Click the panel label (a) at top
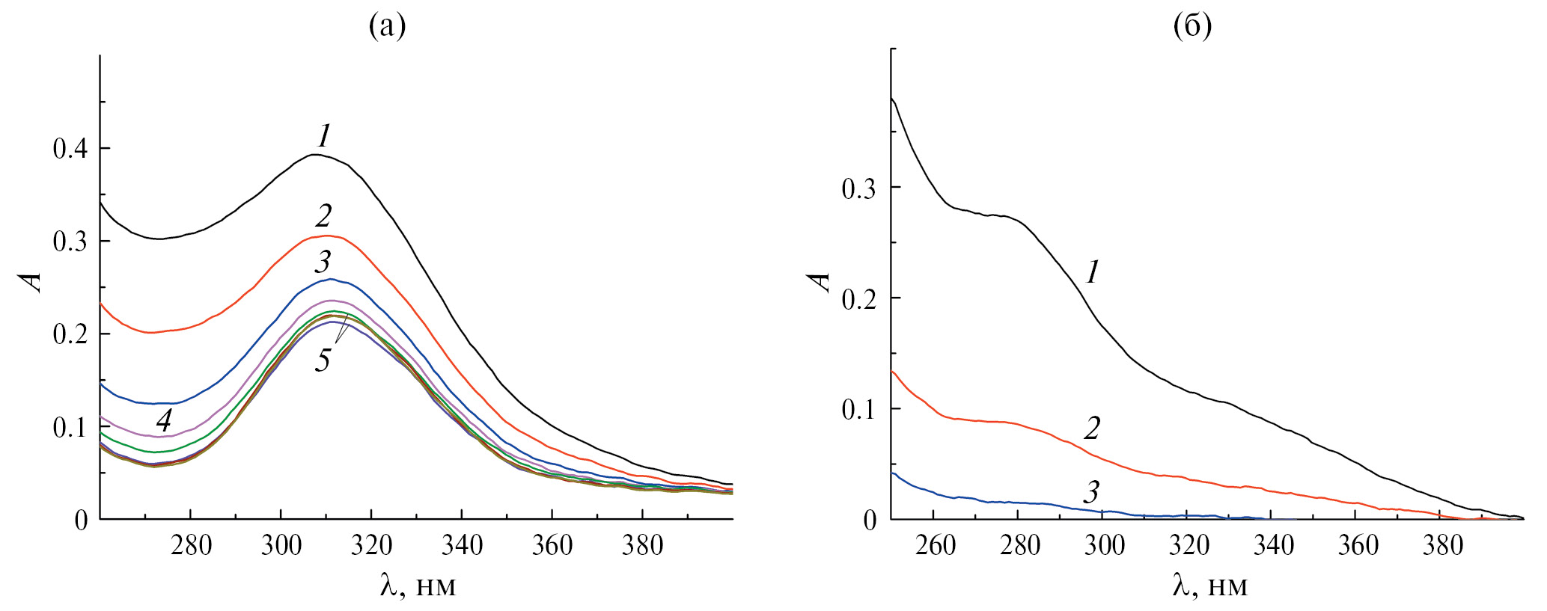pos(387,27)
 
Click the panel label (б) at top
pos(1192,27)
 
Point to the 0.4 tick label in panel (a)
pos(70,149)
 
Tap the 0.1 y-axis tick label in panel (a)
pos(70,428)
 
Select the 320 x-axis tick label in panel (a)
pos(371,546)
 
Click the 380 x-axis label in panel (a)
pos(642,546)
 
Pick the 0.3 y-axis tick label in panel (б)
pos(860,188)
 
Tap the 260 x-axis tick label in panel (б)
pos(936,546)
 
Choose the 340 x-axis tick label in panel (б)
pos(1274,546)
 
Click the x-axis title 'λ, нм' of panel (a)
pos(418,585)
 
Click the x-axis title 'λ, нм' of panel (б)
pos(1210,585)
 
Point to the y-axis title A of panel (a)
pos(31,281)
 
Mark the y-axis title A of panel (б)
pos(820,281)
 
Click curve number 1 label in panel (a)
pos(324,136)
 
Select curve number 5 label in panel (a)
pos(323,360)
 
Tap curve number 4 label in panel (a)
pos(164,420)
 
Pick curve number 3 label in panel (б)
pos(1092,492)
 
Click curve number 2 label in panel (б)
pos(1093,429)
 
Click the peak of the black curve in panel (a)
pos(315,155)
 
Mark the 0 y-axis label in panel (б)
pos(870,521)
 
